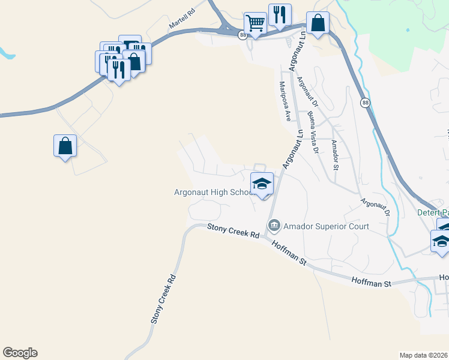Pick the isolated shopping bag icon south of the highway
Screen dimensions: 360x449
[65, 146]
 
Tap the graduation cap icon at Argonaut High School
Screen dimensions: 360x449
[262, 184]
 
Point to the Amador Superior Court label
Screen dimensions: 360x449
[327, 226]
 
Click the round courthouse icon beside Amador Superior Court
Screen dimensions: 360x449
[274, 226]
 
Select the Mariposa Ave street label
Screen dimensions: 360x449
[285, 100]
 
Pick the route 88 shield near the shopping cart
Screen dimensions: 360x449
[241, 35]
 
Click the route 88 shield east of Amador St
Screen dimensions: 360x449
[365, 103]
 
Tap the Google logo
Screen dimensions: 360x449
[20, 353]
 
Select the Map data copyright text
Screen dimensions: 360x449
[424, 355]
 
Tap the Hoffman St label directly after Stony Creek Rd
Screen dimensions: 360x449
[289, 254]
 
